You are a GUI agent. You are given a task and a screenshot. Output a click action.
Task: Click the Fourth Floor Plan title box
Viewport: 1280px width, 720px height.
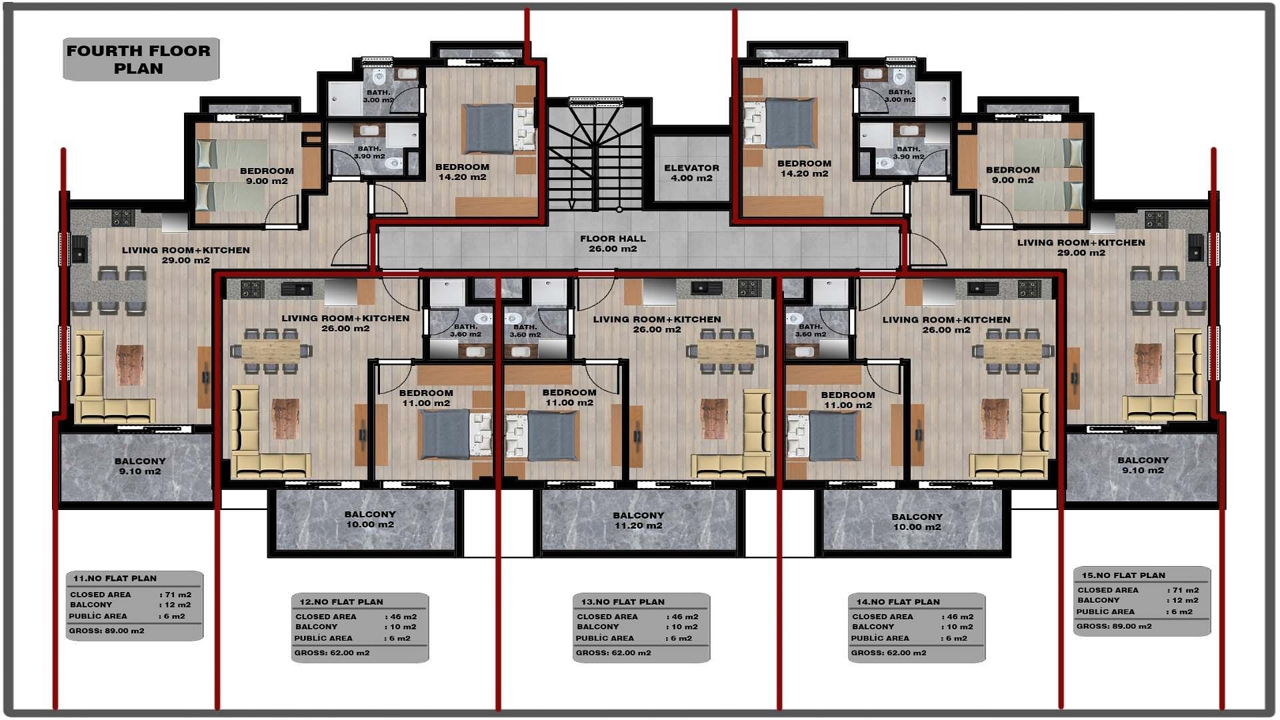pyautogui.click(x=139, y=59)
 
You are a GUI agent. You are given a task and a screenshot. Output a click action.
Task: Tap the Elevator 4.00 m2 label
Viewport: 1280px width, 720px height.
pyautogui.click(x=691, y=173)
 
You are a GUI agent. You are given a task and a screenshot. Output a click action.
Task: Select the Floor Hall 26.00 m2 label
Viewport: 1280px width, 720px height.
pyautogui.click(x=613, y=243)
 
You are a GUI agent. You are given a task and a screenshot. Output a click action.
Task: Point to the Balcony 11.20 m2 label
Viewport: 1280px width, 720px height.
pyautogui.click(x=638, y=520)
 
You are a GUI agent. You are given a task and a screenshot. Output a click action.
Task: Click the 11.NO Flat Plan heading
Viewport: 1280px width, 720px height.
pyautogui.click(x=115, y=578)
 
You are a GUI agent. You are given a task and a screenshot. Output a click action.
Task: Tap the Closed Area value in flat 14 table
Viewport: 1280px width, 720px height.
pyautogui.click(x=958, y=617)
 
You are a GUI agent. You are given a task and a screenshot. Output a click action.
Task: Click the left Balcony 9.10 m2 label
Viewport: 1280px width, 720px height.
pyautogui.click(x=140, y=466)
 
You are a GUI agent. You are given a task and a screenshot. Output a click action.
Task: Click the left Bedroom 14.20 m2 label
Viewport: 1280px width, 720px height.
pyautogui.click(x=462, y=172)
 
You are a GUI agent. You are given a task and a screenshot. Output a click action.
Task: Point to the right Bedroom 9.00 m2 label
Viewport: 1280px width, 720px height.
pyautogui.click(x=1012, y=175)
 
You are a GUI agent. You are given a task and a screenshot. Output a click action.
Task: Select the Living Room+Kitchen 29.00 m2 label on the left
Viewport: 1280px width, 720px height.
pyautogui.click(x=185, y=255)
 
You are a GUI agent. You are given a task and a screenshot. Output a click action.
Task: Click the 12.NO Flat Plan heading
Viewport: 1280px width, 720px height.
pyautogui.click(x=341, y=601)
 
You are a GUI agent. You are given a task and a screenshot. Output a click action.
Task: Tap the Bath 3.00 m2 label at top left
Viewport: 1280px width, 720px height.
pyautogui.click(x=378, y=96)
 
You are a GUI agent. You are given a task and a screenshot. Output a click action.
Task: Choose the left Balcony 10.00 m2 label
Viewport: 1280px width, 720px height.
pyautogui.click(x=370, y=519)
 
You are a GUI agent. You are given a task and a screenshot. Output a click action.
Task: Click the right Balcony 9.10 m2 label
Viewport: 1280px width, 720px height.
pyautogui.click(x=1143, y=465)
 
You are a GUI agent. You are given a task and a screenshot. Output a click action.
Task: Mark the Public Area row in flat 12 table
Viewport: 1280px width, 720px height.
pyautogui.click(x=353, y=638)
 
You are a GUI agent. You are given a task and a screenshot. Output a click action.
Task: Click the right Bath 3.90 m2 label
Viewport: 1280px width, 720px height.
pyautogui.click(x=909, y=153)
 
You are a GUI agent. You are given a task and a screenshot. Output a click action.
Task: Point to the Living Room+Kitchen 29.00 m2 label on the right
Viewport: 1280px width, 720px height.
pyautogui.click(x=1081, y=247)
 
